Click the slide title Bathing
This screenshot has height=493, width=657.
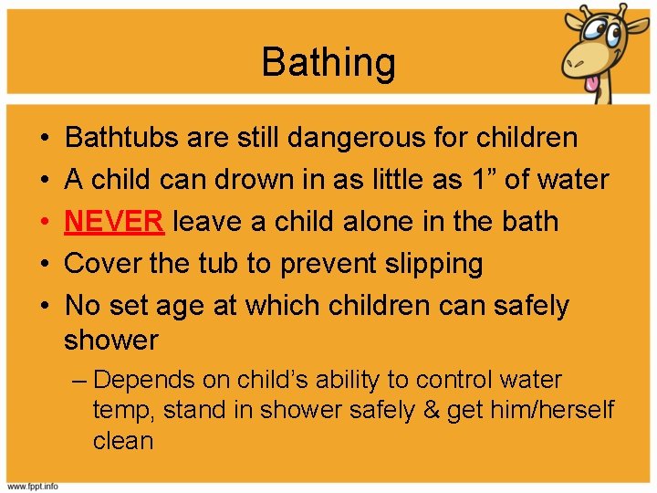point(328,63)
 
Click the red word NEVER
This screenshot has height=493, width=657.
point(114,221)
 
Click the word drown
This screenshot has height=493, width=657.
point(254,180)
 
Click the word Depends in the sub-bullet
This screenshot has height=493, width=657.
point(136,379)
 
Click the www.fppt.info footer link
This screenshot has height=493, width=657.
point(33,486)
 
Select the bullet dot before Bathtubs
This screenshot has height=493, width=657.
point(45,139)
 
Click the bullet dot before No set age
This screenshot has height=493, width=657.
point(45,306)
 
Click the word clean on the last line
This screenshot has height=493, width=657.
point(122,440)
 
